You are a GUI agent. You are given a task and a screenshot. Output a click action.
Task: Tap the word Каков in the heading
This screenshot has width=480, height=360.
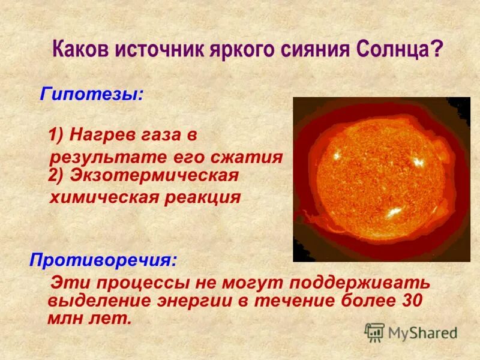(81, 48)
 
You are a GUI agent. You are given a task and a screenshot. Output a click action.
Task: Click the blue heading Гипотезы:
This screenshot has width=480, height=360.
(92, 94)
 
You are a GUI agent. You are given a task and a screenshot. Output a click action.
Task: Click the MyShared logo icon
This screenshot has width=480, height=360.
(374, 332)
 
